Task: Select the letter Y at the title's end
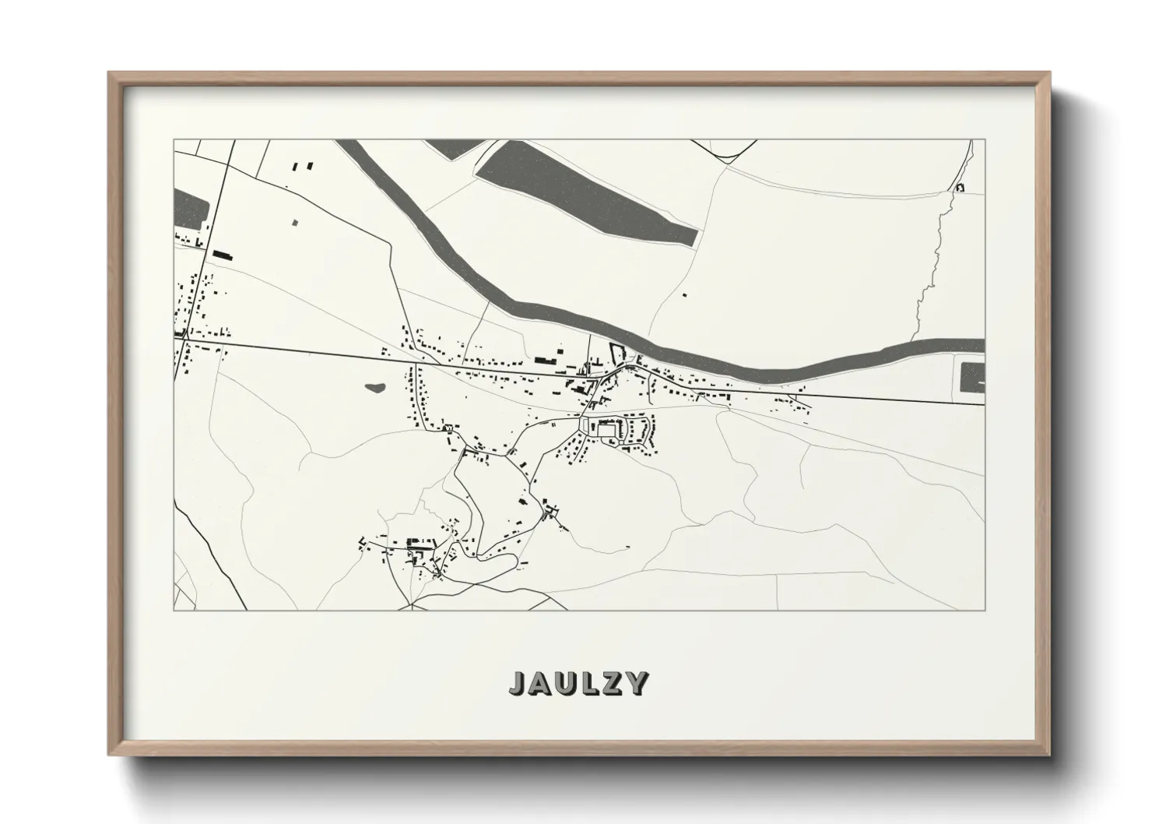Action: [637, 683]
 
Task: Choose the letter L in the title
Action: [588, 683]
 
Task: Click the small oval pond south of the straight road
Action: [374, 386]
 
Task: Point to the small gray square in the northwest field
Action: [296, 223]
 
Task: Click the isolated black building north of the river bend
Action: [684, 294]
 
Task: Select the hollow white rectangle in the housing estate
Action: [606, 430]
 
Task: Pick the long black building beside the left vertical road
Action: [223, 254]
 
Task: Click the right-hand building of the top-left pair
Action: [309, 165]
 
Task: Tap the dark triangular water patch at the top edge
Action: [455, 147]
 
